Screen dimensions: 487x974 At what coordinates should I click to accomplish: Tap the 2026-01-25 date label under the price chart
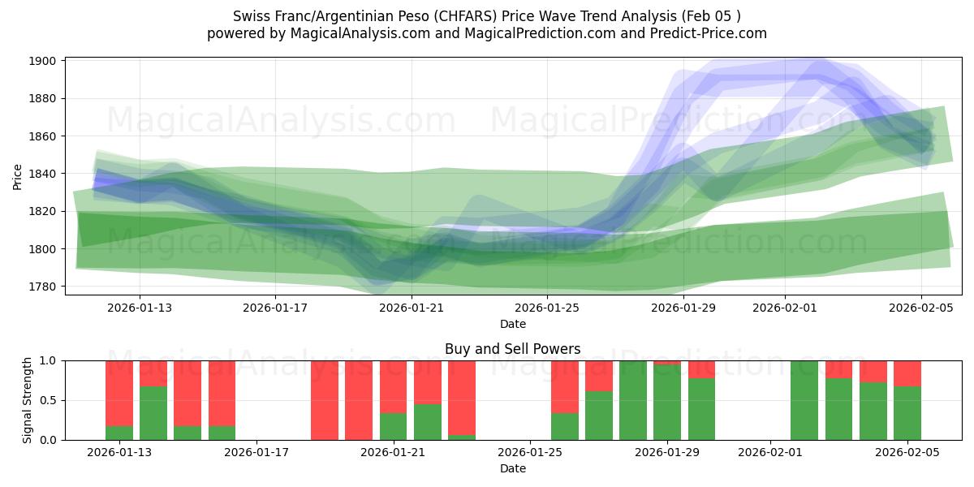click(x=546, y=308)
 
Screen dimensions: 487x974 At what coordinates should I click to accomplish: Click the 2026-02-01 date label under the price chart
click(x=784, y=308)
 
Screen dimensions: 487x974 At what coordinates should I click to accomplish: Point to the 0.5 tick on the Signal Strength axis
click(x=48, y=400)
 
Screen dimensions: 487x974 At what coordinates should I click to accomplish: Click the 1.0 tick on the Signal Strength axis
click(x=48, y=360)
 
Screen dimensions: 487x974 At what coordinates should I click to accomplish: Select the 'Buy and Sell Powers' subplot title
click(x=512, y=349)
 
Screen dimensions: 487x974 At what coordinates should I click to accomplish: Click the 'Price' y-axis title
click(x=18, y=176)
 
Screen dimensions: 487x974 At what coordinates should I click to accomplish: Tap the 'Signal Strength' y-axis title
click(x=27, y=400)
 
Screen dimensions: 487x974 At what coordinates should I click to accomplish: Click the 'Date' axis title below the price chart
click(x=512, y=324)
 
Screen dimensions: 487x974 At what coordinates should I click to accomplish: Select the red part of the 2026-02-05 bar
click(x=907, y=373)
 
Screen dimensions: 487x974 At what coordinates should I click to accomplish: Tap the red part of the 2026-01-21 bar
click(x=394, y=386)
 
